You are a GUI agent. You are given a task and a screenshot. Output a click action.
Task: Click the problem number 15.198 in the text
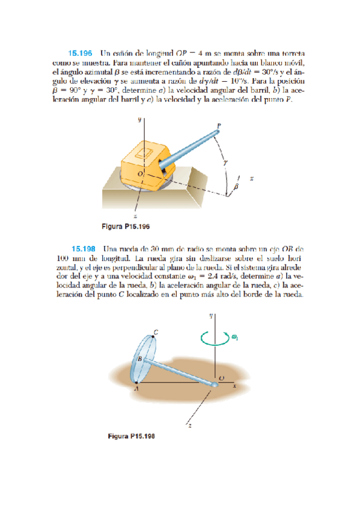click(85, 248)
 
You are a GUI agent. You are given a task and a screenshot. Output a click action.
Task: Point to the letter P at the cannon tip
click(219, 125)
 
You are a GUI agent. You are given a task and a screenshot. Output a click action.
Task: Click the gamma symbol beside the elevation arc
click(225, 161)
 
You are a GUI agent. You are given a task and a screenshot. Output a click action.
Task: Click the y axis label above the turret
click(139, 120)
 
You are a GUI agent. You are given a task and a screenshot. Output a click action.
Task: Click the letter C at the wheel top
click(156, 332)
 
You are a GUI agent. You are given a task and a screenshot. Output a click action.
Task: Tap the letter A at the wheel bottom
click(136, 388)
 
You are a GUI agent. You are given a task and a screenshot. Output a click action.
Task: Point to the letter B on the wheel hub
click(141, 359)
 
